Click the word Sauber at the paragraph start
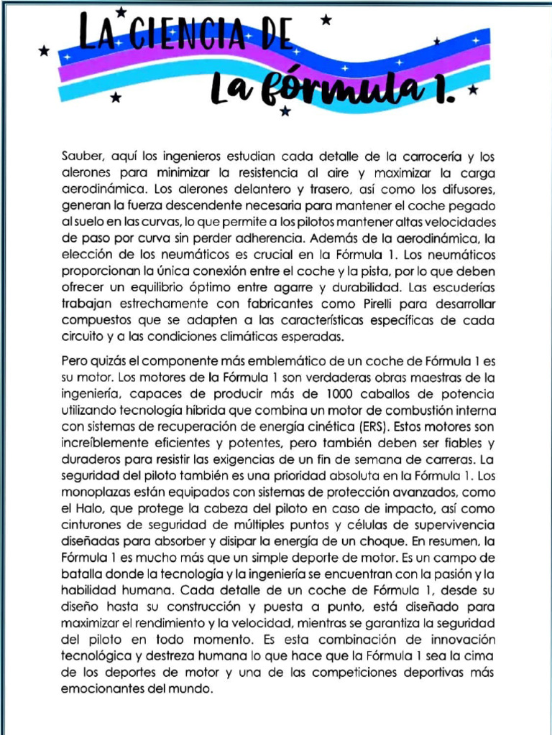(80, 156)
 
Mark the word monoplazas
(93, 492)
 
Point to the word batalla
(80, 574)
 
